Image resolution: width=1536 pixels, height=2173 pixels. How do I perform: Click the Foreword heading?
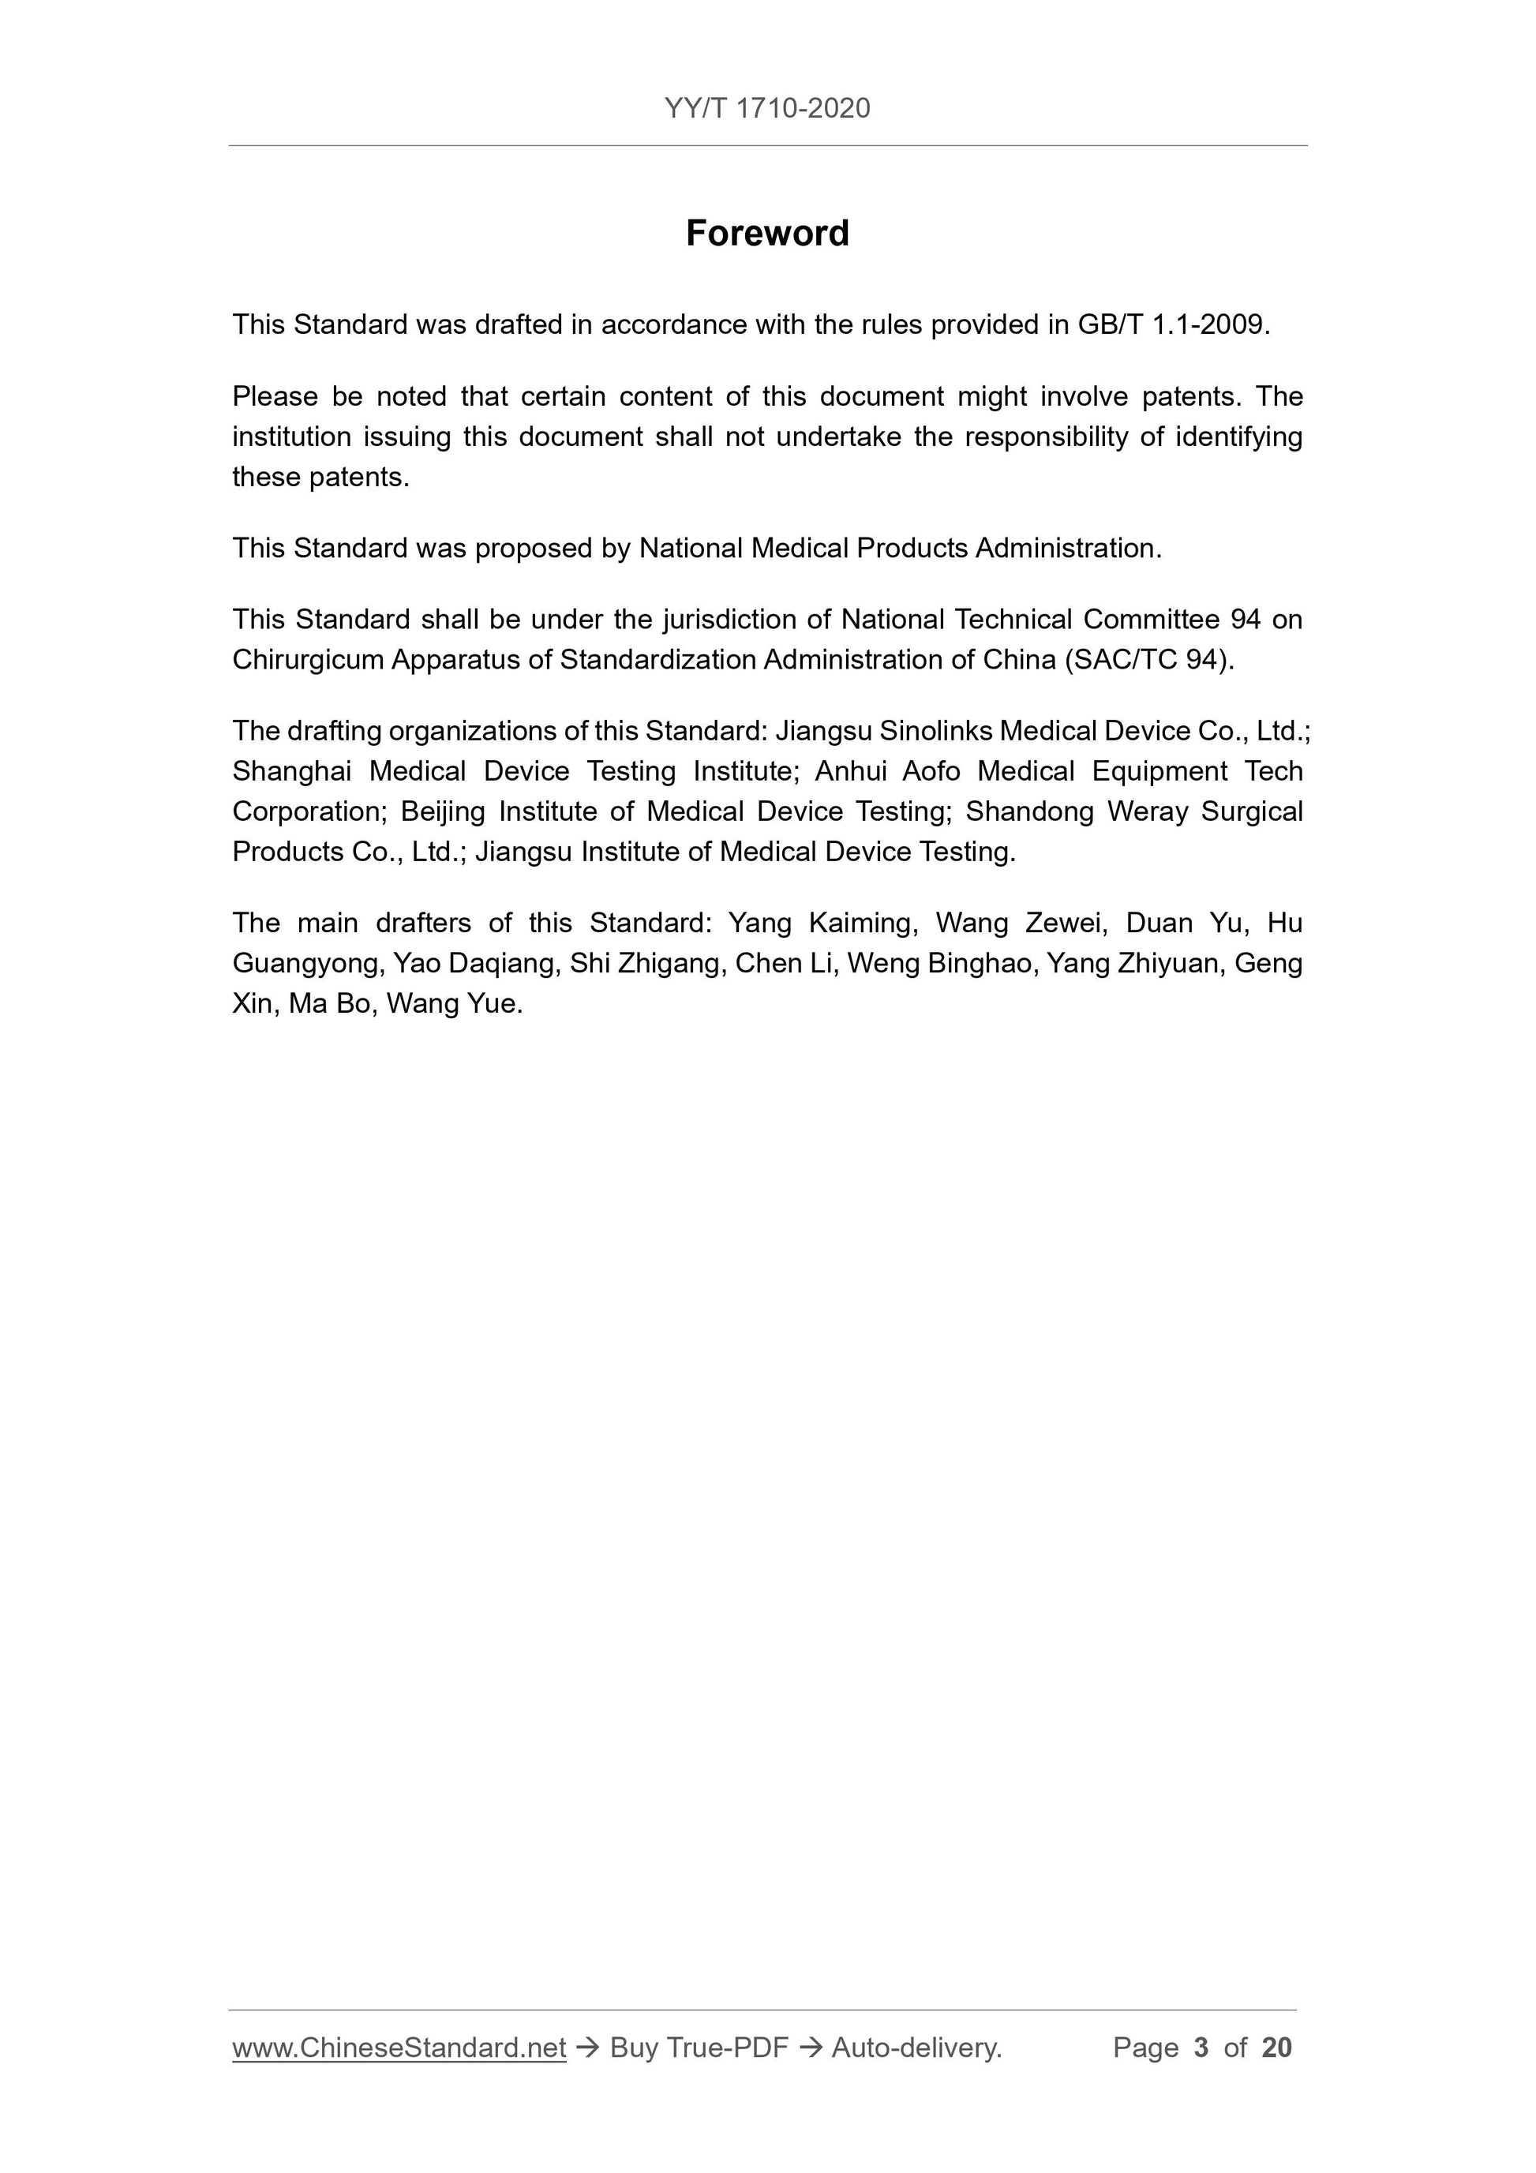pos(766,233)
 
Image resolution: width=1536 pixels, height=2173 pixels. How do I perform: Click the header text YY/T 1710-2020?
pos(766,109)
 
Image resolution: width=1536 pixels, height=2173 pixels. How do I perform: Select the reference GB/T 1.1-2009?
pos(1171,324)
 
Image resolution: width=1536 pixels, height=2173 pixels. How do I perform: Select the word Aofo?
pos(931,771)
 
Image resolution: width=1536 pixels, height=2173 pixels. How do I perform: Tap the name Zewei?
pos(1067,923)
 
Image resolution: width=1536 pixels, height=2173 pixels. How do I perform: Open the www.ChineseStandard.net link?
pos(399,2047)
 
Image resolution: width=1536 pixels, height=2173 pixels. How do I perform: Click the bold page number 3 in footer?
pos(1201,2047)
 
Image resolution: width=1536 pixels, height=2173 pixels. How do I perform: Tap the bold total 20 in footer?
pos(1276,2047)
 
